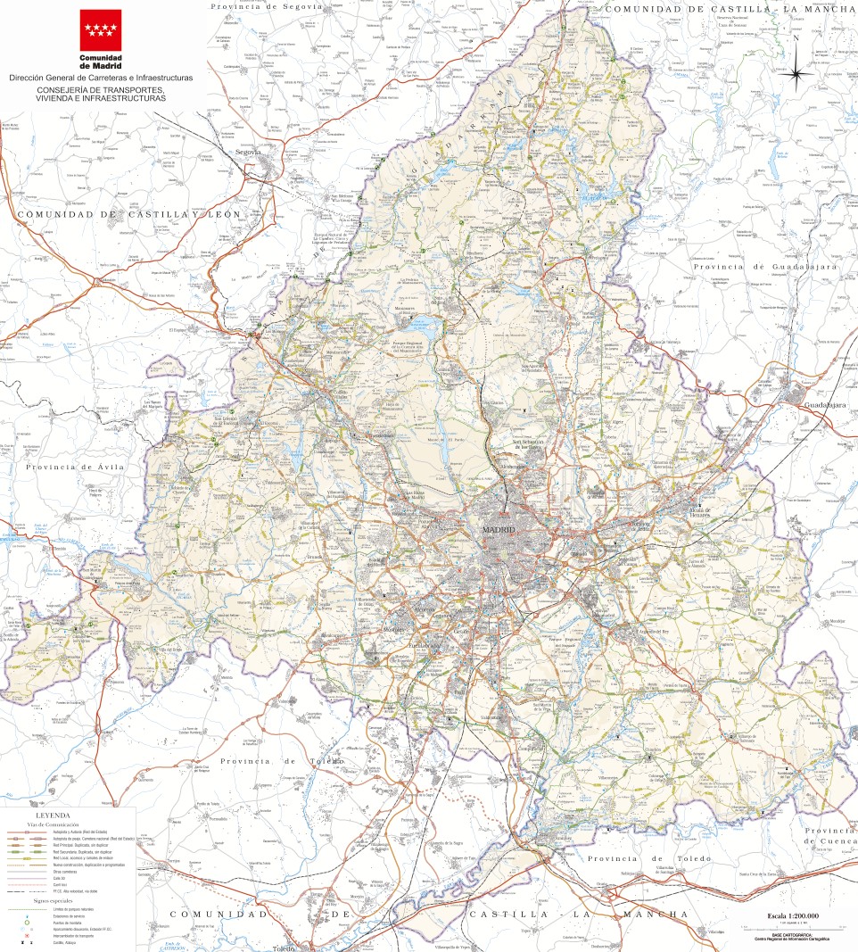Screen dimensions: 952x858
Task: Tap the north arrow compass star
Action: pyautogui.click(x=796, y=71)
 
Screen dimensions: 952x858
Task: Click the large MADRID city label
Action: pyautogui.click(x=499, y=531)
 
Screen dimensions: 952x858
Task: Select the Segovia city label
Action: pyautogui.click(x=248, y=153)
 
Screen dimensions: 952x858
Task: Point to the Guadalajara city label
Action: pyautogui.click(x=824, y=405)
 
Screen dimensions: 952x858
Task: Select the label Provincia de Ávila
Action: pyautogui.click(x=77, y=467)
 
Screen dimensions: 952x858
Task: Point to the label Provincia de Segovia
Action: pyautogui.click(x=265, y=6)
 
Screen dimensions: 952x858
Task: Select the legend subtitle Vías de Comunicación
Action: pyautogui.click(x=53, y=824)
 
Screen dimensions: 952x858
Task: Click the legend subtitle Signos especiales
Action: pyautogui.click(x=53, y=901)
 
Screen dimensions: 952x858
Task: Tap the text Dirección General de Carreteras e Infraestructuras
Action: pyautogui.click(x=100, y=79)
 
